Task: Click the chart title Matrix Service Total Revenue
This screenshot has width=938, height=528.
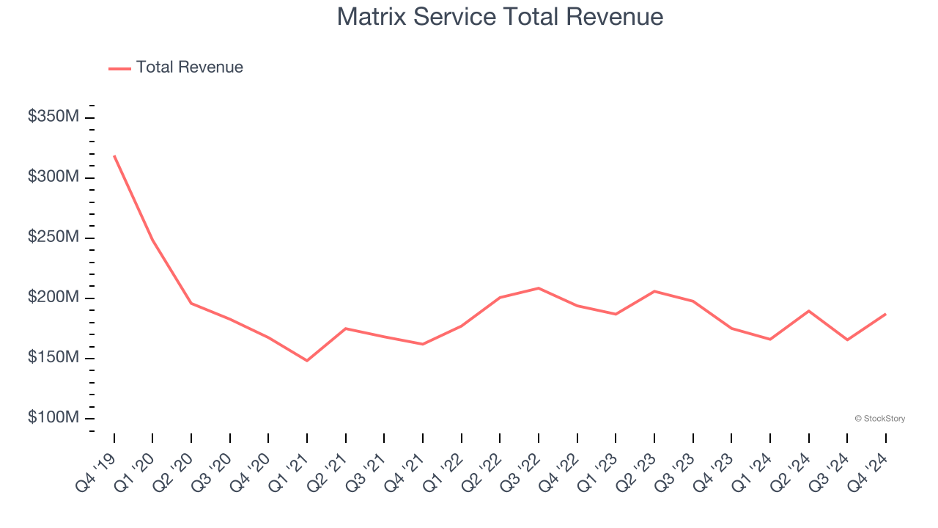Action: [x=500, y=17]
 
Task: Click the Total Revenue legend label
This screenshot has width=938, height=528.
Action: [x=189, y=67]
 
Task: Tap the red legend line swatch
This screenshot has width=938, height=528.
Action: [x=119, y=68]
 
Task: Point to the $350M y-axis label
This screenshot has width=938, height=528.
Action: [x=53, y=117]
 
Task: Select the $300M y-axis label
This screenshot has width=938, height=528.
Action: [x=53, y=177]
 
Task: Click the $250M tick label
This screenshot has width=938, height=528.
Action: [x=53, y=237]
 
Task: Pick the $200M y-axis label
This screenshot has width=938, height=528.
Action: [x=53, y=297]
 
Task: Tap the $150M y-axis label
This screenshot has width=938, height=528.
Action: [x=53, y=357]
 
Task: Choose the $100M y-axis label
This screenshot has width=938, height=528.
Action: [x=53, y=417]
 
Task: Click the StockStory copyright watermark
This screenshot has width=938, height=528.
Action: [x=879, y=419]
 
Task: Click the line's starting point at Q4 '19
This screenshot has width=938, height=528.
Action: [x=114, y=155]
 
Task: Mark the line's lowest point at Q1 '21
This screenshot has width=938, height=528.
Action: [x=307, y=361]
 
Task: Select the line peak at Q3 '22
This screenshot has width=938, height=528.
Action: [x=539, y=288]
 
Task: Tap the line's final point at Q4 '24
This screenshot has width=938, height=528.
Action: [x=885, y=314]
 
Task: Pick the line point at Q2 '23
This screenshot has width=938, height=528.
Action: [x=654, y=291]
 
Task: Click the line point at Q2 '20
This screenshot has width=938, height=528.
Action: [x=191, y=303]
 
